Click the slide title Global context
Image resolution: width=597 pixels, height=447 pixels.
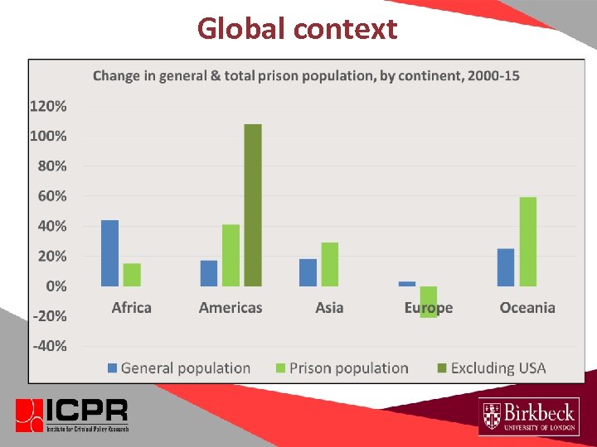coord(297,29)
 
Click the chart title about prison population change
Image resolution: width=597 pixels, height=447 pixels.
coord(306,76)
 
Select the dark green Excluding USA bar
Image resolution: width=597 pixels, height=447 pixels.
coord(253,204)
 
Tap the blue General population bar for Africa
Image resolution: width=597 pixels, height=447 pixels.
coord(109,252)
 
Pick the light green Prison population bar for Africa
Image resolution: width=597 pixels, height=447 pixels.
coord(132,274)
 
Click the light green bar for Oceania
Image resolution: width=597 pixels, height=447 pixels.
coord(527,241)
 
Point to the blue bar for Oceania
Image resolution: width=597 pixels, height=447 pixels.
coord(505,267)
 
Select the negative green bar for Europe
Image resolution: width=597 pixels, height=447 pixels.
coord(429,301)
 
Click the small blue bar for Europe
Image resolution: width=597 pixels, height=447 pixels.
coord(406,283)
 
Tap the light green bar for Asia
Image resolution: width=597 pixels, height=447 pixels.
coord(329,264)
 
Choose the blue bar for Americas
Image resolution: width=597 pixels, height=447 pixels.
coord(209,273)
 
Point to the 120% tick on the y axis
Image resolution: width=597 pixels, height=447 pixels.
coord(49,106)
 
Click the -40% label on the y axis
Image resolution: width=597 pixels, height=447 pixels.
coord(49,346)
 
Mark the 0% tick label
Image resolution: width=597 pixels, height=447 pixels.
coord(56,286)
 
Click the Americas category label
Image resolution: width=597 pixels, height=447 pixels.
coord(231,308)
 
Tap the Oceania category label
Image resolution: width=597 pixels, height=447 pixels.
coord(527,308)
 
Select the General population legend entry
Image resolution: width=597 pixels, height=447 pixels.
coord(178,368)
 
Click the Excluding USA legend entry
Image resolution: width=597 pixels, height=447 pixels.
coord(491,368)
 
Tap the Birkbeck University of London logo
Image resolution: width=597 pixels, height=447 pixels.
coord(528,416)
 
